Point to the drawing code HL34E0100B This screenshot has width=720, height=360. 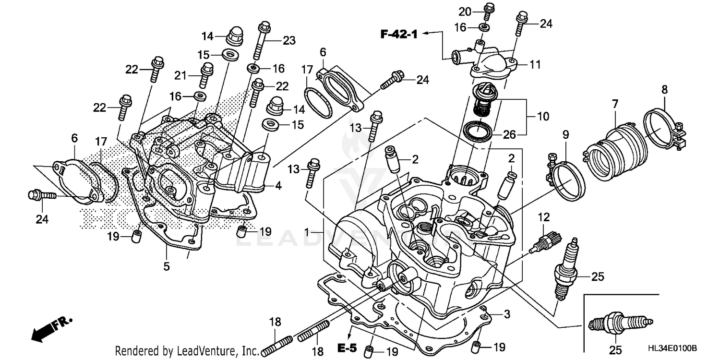click(672, 348)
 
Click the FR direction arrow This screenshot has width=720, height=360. click(48, 328)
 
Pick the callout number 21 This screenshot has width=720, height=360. click(180, 75)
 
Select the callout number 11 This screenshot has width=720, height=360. click(535, 63)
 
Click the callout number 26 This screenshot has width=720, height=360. click(509, 135)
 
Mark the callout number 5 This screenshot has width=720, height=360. click(167, 266)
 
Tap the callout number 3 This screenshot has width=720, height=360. click(507, 314)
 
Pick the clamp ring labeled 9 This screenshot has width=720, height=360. click(566, 180)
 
